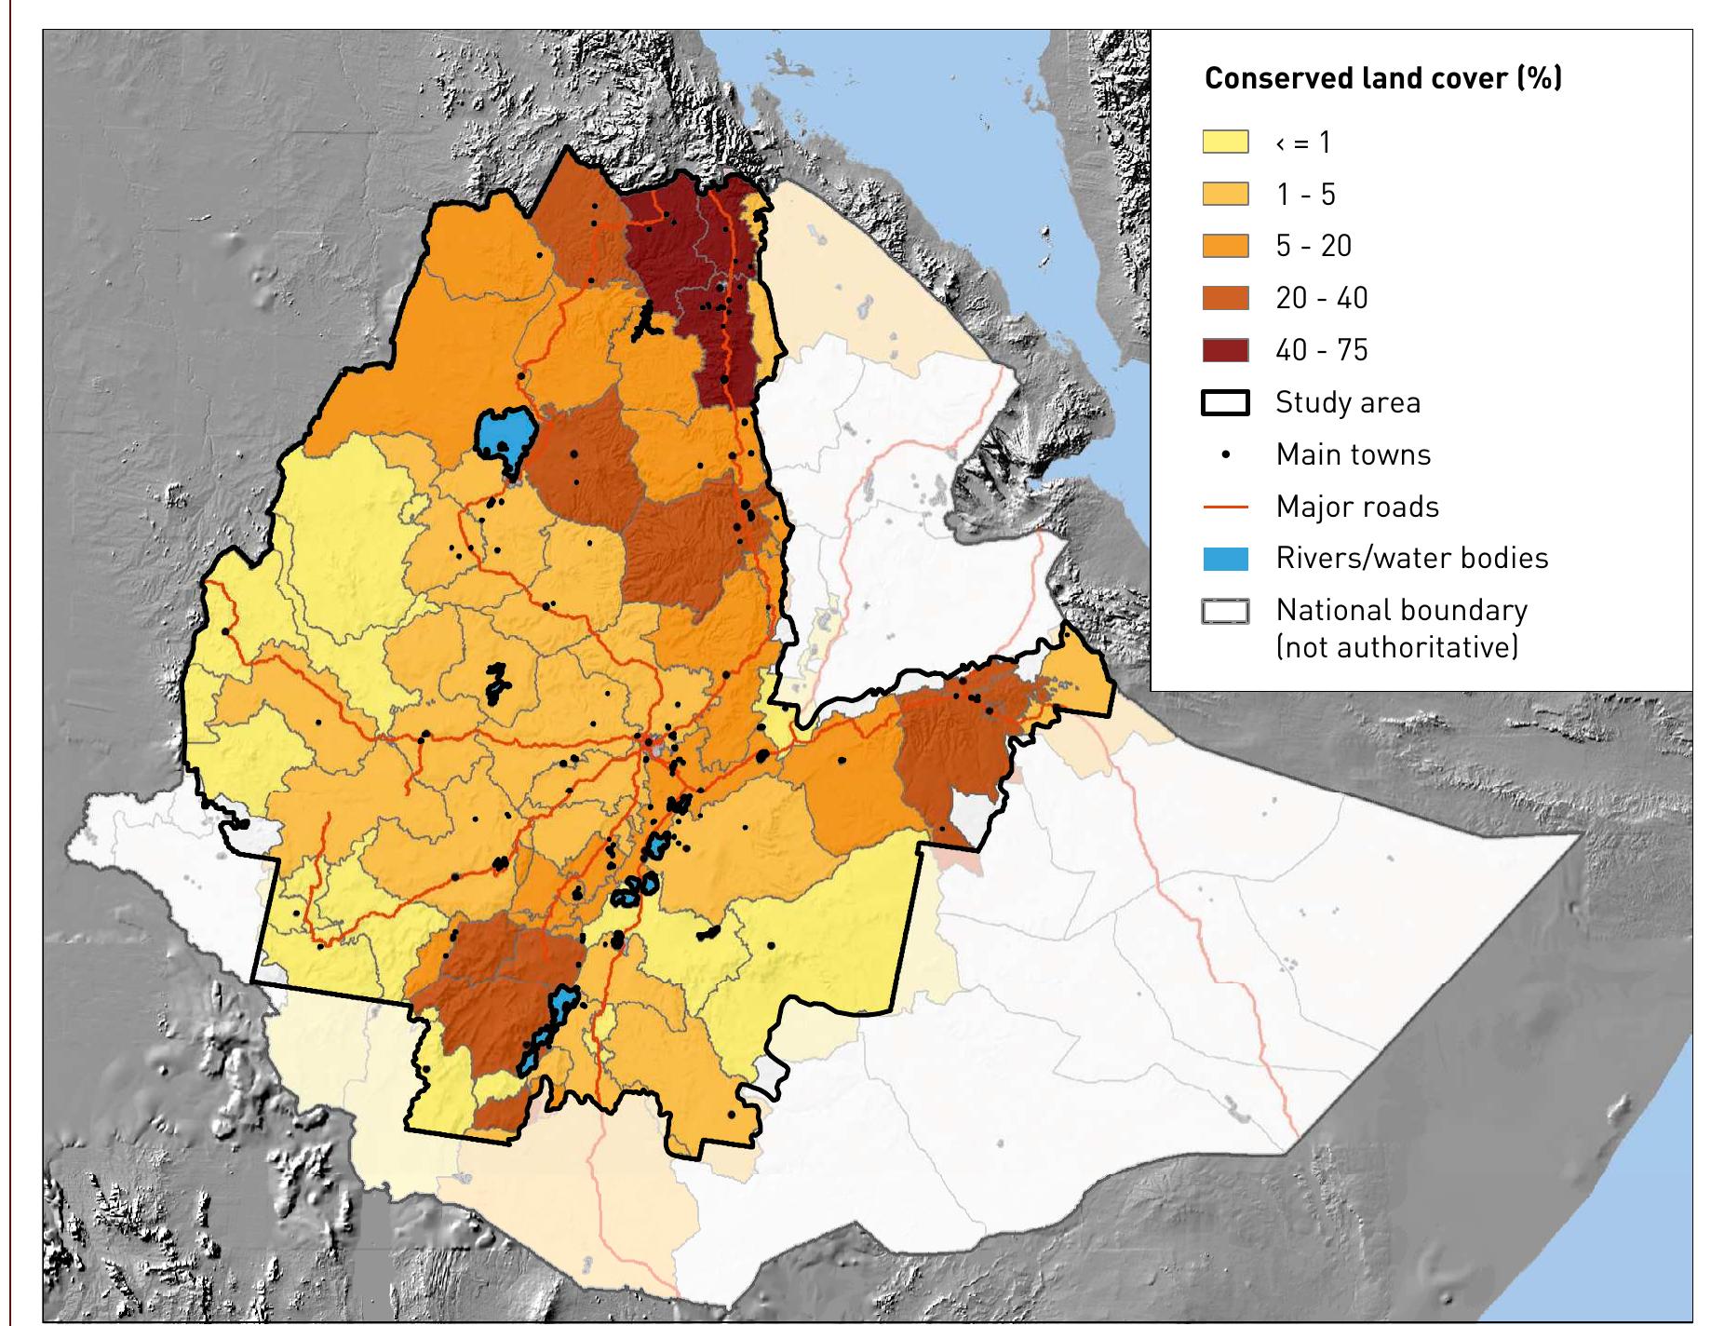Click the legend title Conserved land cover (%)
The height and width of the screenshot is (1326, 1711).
(x=1382, y=78)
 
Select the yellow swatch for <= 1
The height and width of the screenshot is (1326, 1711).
(x=1225, y=142)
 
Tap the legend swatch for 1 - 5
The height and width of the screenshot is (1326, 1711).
(x=1225, y=195)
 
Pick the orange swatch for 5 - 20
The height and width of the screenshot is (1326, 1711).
(x=1225, y=246)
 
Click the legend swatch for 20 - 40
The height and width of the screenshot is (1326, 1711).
(x=1225, y=298)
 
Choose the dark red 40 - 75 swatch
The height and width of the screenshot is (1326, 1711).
(x=1225, y=350)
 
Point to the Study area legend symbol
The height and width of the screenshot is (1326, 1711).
(x=1225, y=402)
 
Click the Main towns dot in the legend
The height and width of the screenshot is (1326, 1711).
(x=1225, y=454)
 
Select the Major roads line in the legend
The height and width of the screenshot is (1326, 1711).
(x=1225, y=507)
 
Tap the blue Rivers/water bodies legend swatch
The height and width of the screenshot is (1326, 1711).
(x=1225, y=559)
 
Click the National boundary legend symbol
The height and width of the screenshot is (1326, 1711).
(x=1225, y=612)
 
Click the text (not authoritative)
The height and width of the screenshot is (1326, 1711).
(x=1396, y=646)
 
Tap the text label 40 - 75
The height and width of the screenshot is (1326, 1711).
(x=1321, y=350)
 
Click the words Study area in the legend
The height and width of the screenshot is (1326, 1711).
(x=1347, y=402)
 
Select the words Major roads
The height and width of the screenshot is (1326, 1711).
(x=1356, y=507)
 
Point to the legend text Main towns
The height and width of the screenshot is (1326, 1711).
(x=1353, y=454)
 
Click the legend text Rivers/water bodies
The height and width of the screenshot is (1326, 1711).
(x=1411, y=558)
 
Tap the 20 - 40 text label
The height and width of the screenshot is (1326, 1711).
(x=1321, y=298)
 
